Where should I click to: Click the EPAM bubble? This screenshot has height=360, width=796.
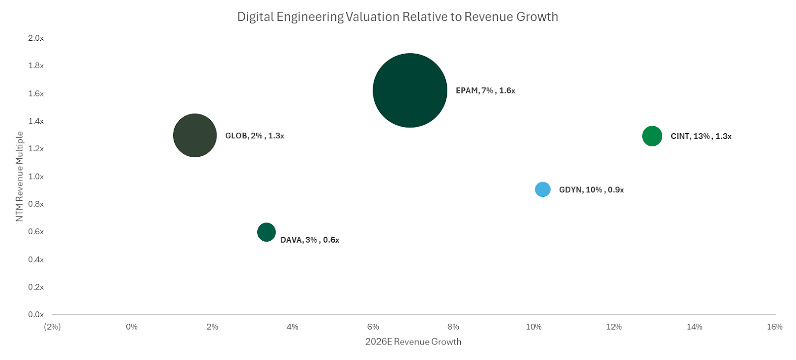click(x=410, y=90)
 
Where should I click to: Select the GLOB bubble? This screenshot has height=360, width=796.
click(x=195, y=135)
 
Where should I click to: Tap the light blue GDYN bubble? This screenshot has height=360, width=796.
click(x=543, y=189)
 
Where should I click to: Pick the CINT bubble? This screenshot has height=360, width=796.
click(x=652, y=136)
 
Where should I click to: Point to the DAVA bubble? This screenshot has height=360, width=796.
click(x=267, y=232)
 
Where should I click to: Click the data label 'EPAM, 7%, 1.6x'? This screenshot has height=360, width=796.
click(x=486, y=90)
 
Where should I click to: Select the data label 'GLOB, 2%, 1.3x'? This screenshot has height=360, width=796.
click(x=255, y=136)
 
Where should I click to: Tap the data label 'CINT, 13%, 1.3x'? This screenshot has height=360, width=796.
click(x=701, y=136)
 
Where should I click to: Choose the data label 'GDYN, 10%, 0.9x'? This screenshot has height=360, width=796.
click(x=592, y=190)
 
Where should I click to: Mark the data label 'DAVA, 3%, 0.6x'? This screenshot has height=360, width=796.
click(x=310, y=240)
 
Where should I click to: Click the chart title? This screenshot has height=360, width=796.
click(x=398, y=17)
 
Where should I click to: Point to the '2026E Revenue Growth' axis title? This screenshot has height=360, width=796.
click(x=413, y=342)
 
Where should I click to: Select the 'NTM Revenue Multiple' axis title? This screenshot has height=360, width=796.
click(x=20, y=177)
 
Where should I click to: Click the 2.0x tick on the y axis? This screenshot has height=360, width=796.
click(x=36, y=38)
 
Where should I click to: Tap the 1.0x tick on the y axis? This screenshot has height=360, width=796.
click(x=36, y=177)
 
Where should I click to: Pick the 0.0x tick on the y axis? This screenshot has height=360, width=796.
click(x=36, y=314)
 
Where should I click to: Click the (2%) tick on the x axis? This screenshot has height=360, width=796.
click(x=52, y=327)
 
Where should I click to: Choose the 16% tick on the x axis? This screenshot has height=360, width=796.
click(x=775, y=327)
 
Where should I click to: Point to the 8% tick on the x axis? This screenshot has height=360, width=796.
click(x=453, y=327)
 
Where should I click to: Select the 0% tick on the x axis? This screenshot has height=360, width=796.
click(x=132, y=327)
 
